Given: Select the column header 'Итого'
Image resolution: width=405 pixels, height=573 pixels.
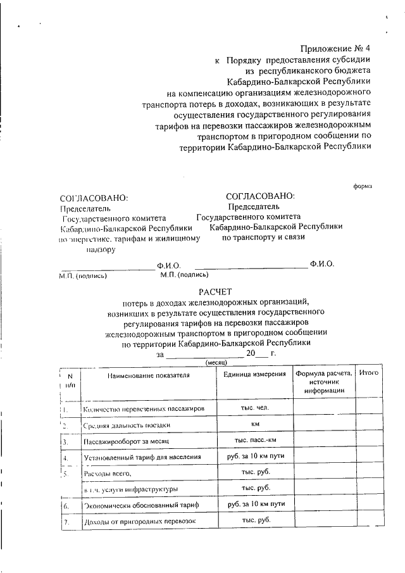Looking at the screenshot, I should tap(368, 374).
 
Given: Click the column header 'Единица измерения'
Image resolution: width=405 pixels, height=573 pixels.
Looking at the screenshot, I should tap(255, 374).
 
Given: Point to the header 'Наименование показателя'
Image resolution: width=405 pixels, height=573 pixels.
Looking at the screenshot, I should tap(148, 375).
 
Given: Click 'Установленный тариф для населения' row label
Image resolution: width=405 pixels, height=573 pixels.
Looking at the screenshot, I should tap(142, 457).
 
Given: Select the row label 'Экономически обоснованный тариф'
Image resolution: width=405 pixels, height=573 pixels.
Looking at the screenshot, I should tap(141, 506).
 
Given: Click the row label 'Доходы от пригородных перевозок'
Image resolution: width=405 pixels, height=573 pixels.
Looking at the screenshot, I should tap(140, 522).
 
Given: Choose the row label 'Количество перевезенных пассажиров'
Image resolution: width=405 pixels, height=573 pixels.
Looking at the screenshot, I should tap(144, 409).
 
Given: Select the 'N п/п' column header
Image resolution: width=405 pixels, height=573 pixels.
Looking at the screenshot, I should tap(70, 380).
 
